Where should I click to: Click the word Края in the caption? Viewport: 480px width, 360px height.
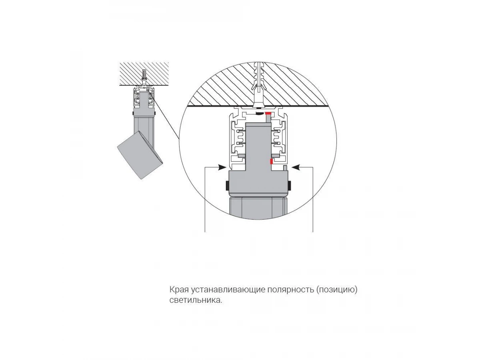[x=179, y=290]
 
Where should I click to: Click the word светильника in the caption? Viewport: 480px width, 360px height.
[x=196, y=300]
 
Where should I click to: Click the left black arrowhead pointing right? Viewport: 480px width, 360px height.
[x=222, y=167]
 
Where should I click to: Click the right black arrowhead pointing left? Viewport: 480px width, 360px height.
[x=296, y=167]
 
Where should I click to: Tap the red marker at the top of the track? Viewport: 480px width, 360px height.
[x=268, y=114]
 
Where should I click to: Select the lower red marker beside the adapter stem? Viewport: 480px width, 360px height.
[x=271, y=161]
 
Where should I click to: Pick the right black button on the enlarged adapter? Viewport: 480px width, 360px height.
[x=290, y=186]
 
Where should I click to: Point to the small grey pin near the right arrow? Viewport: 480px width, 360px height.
[x=285, y=168]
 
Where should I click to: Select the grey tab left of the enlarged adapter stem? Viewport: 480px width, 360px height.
[x=242, y=156]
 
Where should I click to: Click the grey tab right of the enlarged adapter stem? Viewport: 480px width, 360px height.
[x=275, y=156]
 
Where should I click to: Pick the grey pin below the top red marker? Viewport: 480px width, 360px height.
[x=268, y=119]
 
